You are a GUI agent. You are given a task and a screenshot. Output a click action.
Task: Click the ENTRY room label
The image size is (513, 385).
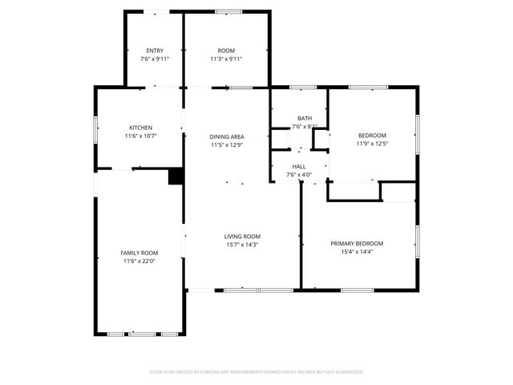pyautogui.click(x=155, y=51)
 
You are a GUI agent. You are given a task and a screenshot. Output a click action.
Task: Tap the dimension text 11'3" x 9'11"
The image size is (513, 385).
pyautogui.click(x=226, y=59)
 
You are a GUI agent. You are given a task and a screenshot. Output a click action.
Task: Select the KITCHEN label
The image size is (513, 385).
pyautogui.click(x=141, y=128)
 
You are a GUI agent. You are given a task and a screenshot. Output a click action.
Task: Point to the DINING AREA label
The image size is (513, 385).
pyautogui.click(x=227, y=137)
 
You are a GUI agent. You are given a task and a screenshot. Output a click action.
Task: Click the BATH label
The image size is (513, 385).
pyautogui.click(x=305, y=118)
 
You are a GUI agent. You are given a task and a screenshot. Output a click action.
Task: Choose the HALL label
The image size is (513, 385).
pyautogui.click(x=299, y=167)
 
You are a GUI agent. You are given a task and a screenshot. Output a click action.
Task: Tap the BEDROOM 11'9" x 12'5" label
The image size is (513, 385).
pyautogui.click(x=372, y=136)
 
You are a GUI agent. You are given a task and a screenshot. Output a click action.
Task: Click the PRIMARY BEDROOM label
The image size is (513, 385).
pyautogui.click(x=357, y=243)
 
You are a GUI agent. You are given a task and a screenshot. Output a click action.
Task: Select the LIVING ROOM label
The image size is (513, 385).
pyautogui.click(x=242, y=236)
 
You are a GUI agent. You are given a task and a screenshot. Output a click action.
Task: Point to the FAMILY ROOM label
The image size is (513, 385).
pyautogui.click(x=139, y=253)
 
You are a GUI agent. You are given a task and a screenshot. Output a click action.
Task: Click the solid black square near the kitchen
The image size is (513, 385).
pyautogui.click(x=176, y=177)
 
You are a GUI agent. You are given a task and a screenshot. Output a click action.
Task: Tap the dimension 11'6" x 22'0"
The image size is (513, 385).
pyautogui.click(x=139, y=261)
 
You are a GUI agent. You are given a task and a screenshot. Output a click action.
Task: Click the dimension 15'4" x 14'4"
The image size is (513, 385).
pyautogui.click(x=357, y=252)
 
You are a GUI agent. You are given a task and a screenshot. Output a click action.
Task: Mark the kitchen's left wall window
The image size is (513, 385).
pyautogui.click(x=95, y=128)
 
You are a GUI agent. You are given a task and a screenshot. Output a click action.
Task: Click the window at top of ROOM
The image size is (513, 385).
pyautogui.click(x=228, y=11)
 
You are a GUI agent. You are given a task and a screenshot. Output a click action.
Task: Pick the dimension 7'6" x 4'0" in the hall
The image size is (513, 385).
pyautogui.click(x=299, y=175)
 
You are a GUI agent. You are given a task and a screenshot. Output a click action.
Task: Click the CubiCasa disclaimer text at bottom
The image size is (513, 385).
pyautogui.click(x=256, y=372)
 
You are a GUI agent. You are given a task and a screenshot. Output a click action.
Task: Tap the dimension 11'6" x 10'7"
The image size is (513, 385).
pyautogui.click(x=141, y=136)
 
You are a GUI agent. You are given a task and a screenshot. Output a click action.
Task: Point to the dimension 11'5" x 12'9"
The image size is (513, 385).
pyautogui.click(x=227, y=145)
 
